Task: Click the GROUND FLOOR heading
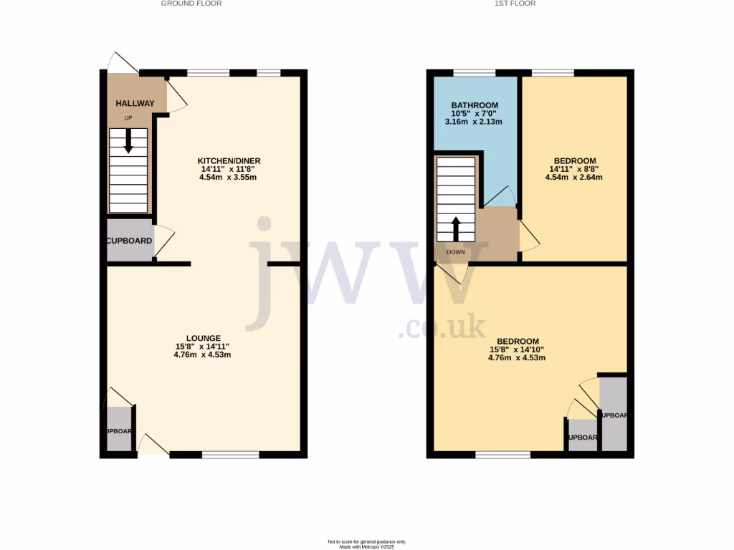pyautogui.click(x=191, y=4)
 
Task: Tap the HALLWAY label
pyautogui.click(x=135, y=104)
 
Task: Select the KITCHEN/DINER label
pyautogui.click(x=228, y=160)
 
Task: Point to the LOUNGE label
pyautogui.click(x=203, y=338)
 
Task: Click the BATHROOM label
pyautogui.click(x=475, y=105)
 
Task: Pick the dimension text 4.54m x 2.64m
pyautogui.click(x=573, y=177)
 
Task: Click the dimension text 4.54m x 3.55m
pyautogui.click(x=228, y=177)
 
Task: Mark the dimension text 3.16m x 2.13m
pyautogui.click(x=474, y=122)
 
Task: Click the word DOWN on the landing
pyautogui.click(x=456, y=252)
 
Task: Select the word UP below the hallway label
pyautogui.click(x=128, y=118)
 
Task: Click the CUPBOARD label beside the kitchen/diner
pyautogui.click(x=130, y=241)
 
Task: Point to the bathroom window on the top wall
pyautogui.click(x=475, y=72)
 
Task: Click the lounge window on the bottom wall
pyautogui.click(x=230, y=454)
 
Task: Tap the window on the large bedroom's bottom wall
pyautogui.click(x=503, y=454)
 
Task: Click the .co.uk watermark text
pyautogui.click(x=442, y=329)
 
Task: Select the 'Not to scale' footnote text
pyautogui.click(x=367, y=541)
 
